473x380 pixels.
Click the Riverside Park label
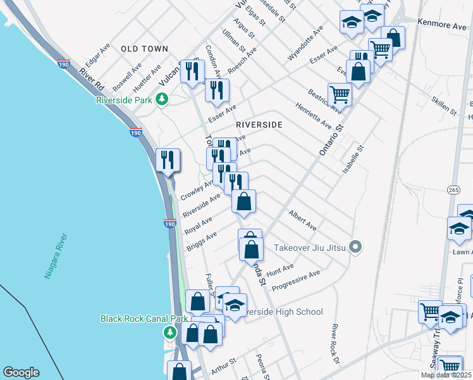click(124, 99)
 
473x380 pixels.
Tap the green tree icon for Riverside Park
click(163, 99)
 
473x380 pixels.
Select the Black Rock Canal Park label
click(136, 319)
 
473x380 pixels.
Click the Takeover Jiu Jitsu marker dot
click(355, 247)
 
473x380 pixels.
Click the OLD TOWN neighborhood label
click(144, 48)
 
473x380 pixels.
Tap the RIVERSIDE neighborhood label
click(259, 125)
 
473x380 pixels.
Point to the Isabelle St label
click(353, 161)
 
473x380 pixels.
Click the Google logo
click(21, 372)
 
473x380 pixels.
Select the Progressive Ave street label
click(295, 280)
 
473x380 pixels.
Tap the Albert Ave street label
click(302, 220)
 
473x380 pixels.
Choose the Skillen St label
click(443, 106)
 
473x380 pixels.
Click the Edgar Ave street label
click(98, 55)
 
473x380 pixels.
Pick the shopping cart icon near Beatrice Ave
click(340, 94)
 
